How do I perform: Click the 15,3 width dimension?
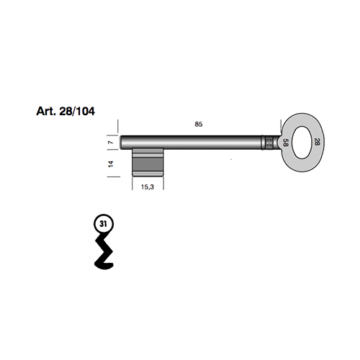point(148,187)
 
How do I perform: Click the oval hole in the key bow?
point(301,142)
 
